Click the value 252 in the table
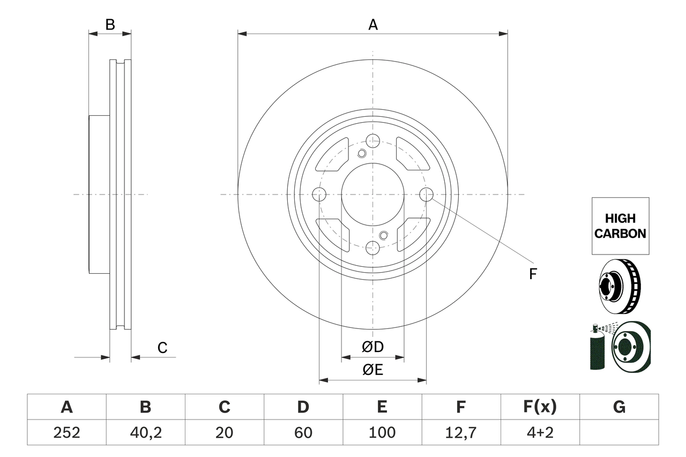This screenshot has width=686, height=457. coord(66,432)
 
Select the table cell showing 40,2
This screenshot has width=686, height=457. coord(145,432)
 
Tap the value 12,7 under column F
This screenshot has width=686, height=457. coord(461,432)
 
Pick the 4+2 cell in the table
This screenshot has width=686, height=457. coord(540,432)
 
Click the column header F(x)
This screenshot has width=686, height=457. coord(540,407)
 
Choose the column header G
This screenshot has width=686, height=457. coord(619,407)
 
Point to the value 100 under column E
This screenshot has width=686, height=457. coord(382,432)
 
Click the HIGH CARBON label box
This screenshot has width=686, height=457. coord(620,226)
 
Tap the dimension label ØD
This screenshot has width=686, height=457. coord(373,347)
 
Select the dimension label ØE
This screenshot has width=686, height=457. coord(373,370)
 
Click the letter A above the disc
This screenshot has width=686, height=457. coord(373,25)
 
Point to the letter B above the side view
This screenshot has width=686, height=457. coord(110,25)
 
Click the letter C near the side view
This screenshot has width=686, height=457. coord(162,348)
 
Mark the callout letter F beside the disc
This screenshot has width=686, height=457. coord(533,274)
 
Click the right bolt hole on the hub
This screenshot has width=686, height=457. coord(426,194)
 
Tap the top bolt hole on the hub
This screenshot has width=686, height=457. coord(373,141)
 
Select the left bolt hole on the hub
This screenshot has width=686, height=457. coord(319,194)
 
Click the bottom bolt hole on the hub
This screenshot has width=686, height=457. coord(373,248)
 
